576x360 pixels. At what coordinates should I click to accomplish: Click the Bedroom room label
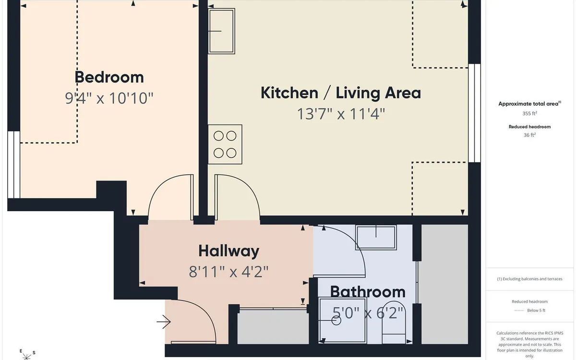tap(109, 77)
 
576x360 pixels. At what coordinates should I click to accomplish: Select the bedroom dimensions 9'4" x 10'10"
tap(109, 98)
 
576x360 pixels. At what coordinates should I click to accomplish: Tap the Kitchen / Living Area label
tap(341, 93)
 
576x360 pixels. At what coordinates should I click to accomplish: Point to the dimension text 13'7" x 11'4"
tap(341, 114)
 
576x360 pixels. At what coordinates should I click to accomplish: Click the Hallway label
tap(229, 251)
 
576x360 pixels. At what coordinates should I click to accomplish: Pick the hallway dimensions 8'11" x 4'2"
tap(229, 272)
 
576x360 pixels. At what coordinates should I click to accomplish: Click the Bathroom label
tap(368, 292)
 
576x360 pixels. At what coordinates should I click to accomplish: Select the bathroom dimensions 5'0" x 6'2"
tap(368, 313)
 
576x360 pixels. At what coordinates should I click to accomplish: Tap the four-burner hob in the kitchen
tap(225, 144)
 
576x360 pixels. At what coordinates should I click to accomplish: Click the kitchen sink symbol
tap(221, 31)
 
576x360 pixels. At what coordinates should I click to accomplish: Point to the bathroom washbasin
tap(376, 237)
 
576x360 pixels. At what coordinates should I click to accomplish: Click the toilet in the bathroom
tap(394, 323)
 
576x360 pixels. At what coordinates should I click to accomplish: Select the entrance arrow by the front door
tap(164, 322)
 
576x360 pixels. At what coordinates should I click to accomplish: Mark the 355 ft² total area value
tap(530, 113)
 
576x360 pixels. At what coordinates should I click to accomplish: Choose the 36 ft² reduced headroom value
tap(530, 135)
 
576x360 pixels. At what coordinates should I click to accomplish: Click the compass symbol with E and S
tap(27, 355)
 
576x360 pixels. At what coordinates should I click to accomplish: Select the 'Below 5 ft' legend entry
tap(530, 311)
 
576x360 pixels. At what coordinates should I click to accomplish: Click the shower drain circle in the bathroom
tap(336, 321)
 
